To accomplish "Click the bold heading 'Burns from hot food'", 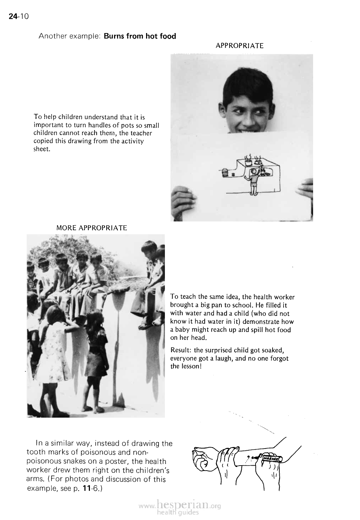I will (140, 36).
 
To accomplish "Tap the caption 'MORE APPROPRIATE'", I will (92, 227).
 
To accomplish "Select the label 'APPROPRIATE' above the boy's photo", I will (240, 46).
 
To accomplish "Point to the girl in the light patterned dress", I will (53, 348).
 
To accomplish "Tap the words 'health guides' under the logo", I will (177, 513).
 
